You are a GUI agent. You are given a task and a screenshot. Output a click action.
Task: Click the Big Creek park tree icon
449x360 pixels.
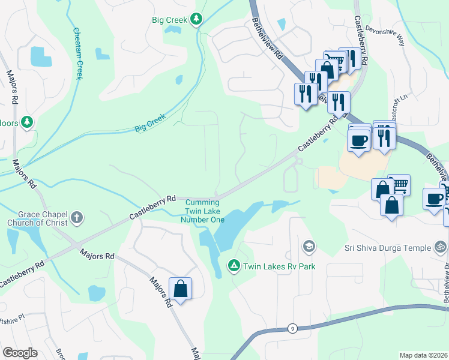click(x=196, y=20)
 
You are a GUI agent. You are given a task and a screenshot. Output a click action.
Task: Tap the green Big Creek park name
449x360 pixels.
click(x=170, y=20)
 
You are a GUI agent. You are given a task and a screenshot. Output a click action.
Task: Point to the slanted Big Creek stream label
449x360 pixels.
click(x=149, y=125)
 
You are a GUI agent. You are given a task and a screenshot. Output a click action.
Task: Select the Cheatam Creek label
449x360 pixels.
click(x=77, y=53)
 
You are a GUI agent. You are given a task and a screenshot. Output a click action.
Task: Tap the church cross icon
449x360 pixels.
click(x=77, y=217)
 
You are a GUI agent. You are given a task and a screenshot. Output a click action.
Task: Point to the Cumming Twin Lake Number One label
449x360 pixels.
click(x=203, y=211)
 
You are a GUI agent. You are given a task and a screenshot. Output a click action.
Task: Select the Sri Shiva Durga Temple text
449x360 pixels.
click(x=388, y=248)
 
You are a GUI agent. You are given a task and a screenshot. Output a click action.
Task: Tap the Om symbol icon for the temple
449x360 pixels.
click(x=440, y=247)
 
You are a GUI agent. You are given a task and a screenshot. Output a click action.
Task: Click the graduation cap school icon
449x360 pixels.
click(x=309, y=246)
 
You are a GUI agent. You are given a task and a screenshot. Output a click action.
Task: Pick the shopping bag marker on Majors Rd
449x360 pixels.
click(x=180, y=289)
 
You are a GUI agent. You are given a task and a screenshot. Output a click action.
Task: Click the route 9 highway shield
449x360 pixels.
click(x=292, y=328)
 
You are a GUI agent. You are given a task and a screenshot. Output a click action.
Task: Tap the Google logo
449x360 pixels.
click(x=20, y=353)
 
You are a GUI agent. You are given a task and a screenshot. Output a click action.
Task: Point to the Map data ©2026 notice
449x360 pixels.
click(x=424, y=355)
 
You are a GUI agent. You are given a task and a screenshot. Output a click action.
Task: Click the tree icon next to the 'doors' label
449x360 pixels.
click(x=26, y=122)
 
